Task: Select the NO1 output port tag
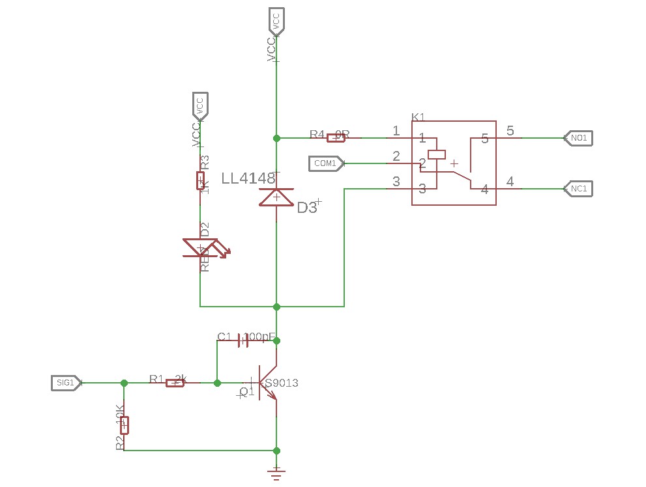578,138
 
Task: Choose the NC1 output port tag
578,189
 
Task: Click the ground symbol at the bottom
276,473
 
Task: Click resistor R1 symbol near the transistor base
175,383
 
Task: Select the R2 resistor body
124,424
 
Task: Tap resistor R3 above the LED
200,180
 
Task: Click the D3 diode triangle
276,197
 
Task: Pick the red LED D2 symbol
201,248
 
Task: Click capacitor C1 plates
242,340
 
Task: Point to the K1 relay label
418,117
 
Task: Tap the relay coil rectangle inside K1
436,154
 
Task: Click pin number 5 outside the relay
510,131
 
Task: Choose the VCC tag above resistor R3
199,105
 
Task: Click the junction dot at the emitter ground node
276,451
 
